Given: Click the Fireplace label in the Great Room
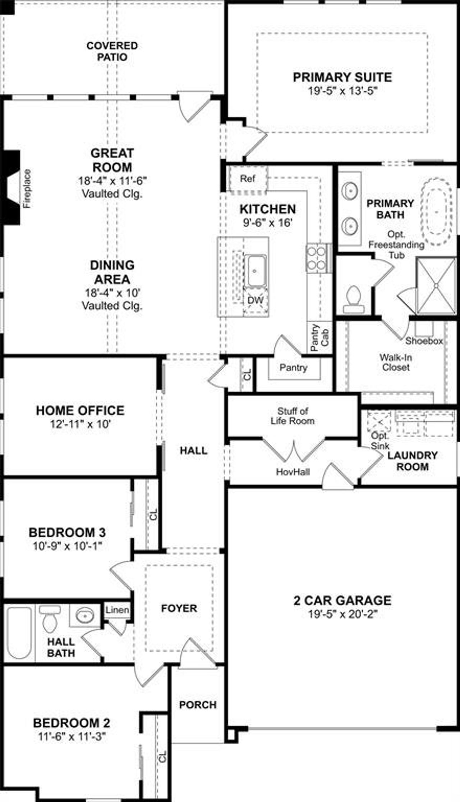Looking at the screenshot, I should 27,188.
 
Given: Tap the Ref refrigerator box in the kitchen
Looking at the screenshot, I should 248,178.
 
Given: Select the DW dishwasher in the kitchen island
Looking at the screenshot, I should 256,300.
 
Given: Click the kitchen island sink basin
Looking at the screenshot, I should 255,271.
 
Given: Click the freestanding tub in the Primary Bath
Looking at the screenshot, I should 436,211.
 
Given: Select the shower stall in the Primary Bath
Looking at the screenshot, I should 436,285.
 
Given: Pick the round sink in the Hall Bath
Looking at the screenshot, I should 85,615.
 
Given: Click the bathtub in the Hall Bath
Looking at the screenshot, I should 19,632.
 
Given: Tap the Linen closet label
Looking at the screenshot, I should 117,610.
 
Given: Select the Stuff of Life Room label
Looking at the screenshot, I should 293,416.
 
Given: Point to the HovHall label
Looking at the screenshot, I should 293,471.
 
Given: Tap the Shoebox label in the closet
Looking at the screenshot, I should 424,341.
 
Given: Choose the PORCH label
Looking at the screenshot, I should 198,705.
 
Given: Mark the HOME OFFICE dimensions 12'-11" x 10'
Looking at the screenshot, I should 80,424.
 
